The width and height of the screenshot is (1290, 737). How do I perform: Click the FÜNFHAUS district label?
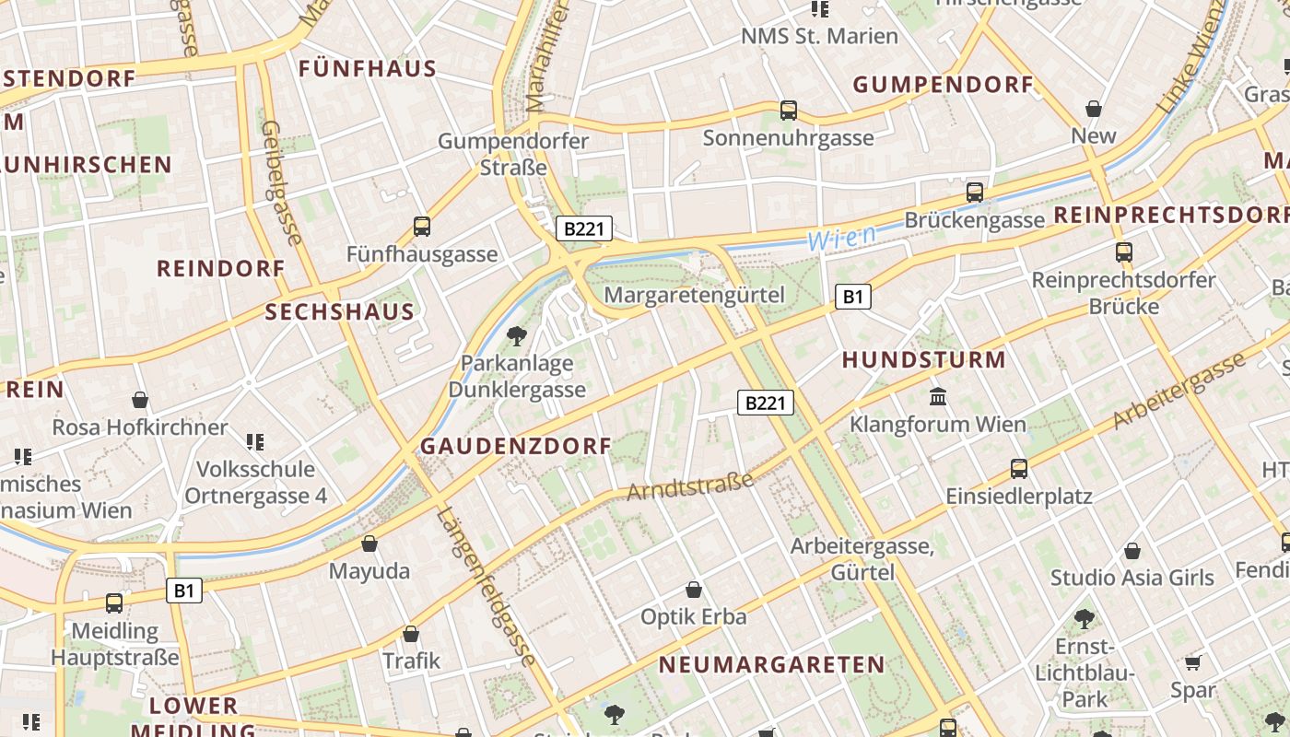tap(367, 69)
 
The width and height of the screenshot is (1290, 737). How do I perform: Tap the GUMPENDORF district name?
tap(943, 85)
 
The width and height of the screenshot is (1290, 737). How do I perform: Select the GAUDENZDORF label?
tap(515, 446)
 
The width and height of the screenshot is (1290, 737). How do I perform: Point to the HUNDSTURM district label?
tap(923, 359)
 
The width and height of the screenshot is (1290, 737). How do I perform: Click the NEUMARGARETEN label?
tap(771, 664)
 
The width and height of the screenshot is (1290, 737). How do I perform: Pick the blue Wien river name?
tap(841, 238)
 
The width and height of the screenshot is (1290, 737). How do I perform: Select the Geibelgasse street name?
tap(282, 182)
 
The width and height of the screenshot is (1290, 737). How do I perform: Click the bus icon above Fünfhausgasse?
tap(422, 226)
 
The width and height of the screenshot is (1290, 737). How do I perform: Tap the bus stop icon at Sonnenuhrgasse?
tap(789, 111)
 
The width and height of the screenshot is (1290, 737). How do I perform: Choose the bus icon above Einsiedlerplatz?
tap(1019, 468)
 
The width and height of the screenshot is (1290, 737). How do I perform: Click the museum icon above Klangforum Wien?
tap(938, 397)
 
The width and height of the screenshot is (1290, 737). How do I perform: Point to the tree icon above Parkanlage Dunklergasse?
tap(517, 335)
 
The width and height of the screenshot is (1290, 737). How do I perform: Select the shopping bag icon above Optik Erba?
tap(694, 590)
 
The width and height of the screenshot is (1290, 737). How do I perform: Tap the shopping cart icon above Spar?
tap(1193, 662)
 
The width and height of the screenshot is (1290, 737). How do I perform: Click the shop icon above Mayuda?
tap(369, 544)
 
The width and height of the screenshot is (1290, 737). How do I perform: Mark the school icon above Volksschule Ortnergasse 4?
tap(255, 442)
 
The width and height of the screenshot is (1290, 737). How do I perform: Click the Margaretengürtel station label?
tap(694, 295)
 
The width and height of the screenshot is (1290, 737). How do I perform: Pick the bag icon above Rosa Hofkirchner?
tap(140, 400)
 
